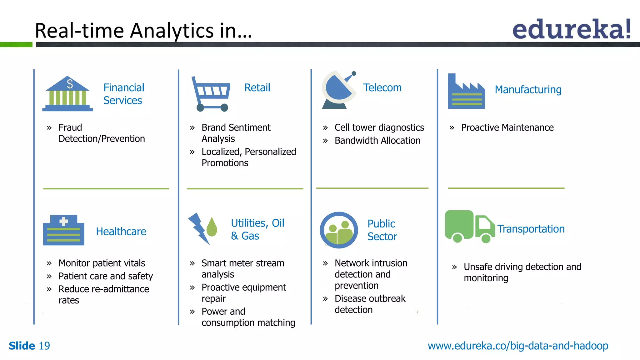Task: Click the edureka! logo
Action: coord(571,29)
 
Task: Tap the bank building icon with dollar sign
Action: coord(67,93)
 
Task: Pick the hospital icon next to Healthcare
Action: coord(64,230)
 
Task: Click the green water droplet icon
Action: coord(212,227)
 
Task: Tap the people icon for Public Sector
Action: coord(339,230)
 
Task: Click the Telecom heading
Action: coord(382,88)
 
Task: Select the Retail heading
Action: coord(257,88)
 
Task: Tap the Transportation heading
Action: coord(531,229)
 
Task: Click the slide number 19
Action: coord(44,346)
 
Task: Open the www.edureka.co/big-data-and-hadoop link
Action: coord(518,346)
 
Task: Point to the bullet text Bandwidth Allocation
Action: coord(377,141)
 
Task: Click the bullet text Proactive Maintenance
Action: coord(507,127)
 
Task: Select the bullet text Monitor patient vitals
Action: coord(102,263)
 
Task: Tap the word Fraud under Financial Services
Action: coord(70,127)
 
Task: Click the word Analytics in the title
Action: coord(172,31)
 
